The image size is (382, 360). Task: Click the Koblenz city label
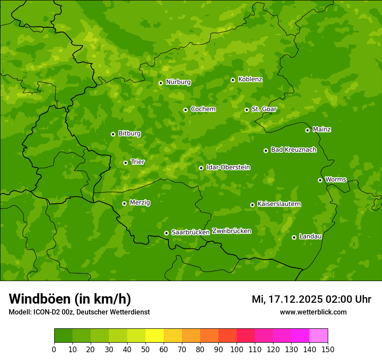point(250,79)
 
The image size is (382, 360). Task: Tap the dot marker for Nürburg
point(161,83)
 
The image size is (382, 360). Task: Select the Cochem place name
point(203,109)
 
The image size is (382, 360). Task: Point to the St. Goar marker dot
point(247,110)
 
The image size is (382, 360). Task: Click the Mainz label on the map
point(322,130)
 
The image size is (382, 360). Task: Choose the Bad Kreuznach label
point(293,150)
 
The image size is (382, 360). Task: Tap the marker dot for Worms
point(320,180)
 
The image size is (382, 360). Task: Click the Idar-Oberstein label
point(228,167)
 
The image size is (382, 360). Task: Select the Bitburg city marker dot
point(113,134)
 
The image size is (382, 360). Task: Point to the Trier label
point(138,162)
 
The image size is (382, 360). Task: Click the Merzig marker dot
point(124,203)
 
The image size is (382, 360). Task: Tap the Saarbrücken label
point(190,232)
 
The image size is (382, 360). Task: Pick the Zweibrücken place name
point(231,231)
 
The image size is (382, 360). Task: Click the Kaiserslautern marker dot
point(252,205)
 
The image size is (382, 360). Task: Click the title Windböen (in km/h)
point(70,299)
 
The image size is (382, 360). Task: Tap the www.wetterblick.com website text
point(313,312)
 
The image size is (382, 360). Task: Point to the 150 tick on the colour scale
point(328,349)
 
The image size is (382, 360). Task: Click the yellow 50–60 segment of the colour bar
point(155,336)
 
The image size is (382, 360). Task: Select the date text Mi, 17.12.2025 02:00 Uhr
point(311,299)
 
